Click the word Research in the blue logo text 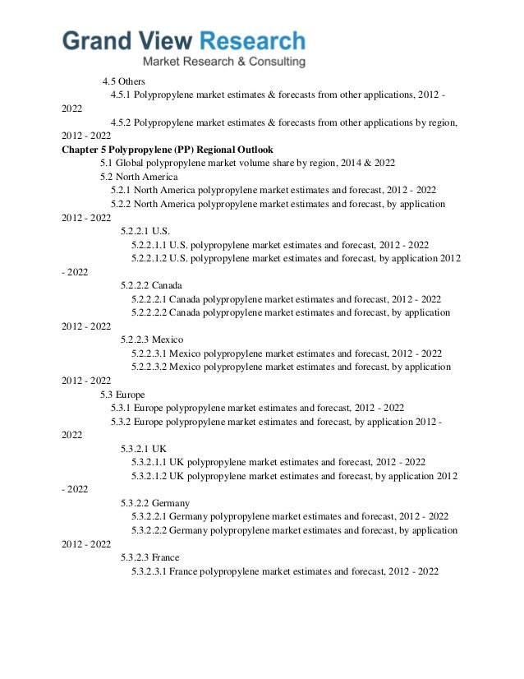click(x=252, y=41)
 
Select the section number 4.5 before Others click(x=108, y=81)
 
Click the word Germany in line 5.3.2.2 click(x=170, y=502)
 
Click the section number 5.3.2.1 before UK click(x=135, y=448)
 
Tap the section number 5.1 click(x=106, y=163)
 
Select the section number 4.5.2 click(x=121, y=122)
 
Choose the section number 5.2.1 click(x=121, y=190)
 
